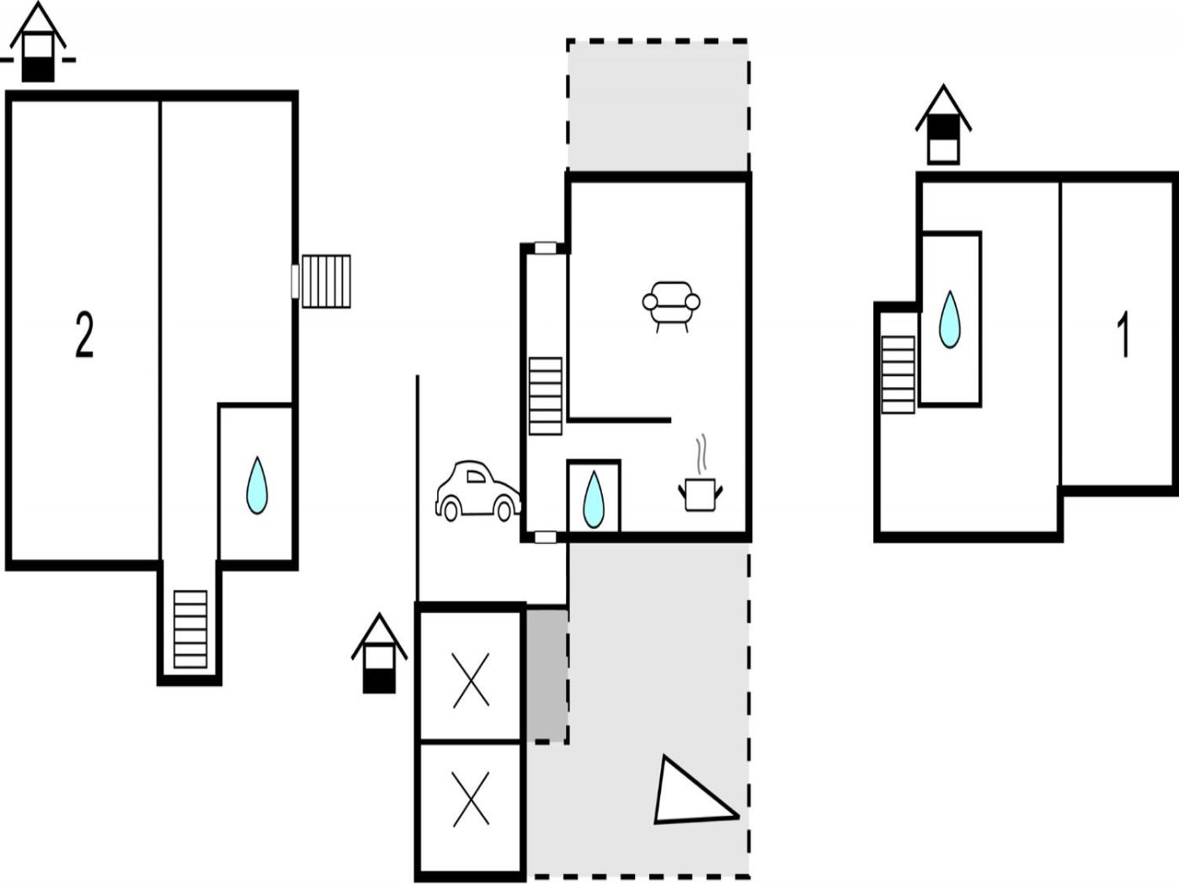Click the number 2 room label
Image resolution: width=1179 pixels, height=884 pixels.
pyautogui.click(x=84, y=335)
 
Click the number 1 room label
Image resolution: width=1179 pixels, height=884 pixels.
pyautogui.click(x=1123, y=335)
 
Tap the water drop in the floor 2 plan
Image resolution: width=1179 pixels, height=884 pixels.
pyautogui.click(x=257, y=486)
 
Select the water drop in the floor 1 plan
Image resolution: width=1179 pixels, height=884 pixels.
pyautogui.click(x=950, y=320)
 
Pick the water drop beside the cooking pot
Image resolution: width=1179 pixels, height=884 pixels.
pyautogui.click(x=594, y=499)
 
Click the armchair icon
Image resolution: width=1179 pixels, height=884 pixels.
pyautogui.click(x=671, y=304)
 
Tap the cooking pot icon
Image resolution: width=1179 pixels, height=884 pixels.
pyautogui.click(x=700, y=493)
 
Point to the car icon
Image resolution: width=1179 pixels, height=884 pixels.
pyautogui.click(x=477, y=491)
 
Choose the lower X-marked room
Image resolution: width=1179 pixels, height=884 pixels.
pyautogui.click(x=471, y=800)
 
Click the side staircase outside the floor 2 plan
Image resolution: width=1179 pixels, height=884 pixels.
pyautogui.click(x=326, y=281)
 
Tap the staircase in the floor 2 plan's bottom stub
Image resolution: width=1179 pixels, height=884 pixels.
pyautogui.click(x=190, y=630)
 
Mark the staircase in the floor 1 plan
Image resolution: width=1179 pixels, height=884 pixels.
pyautogui.click(x=898, y=375)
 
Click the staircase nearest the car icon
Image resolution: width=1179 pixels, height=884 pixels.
pyautogui.click(x=545, y=396)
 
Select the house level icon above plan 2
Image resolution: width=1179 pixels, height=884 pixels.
pyautogui.click(x=37, y=44)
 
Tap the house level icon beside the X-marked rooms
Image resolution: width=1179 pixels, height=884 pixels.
pyautogui.click(x=379, y=654)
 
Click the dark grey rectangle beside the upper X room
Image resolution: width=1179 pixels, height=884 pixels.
pyautogui.click(x=547, y=676)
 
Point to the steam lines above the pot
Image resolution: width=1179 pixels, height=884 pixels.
pyautogui.click(x=702, y=453)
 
